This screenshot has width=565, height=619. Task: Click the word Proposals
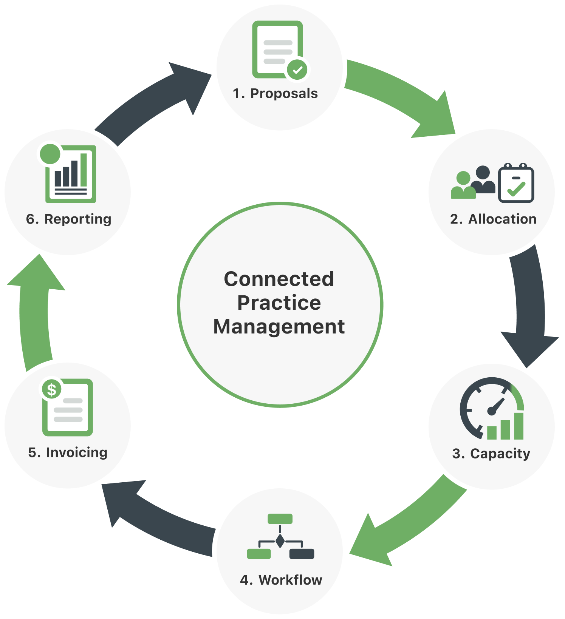click(x=284, y=94)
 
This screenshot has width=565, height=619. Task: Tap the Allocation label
click(x=502, y=219)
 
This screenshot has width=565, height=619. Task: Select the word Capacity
click(x=500, y=454)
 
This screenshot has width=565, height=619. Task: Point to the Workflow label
click(x=290, y=580)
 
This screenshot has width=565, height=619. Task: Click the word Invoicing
click(x=77, y=453)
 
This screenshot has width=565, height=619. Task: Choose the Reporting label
click(x=78, y=219)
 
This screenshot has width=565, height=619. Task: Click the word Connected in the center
click(x=279, y=279)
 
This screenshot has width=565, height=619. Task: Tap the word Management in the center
click(x=279, y=327)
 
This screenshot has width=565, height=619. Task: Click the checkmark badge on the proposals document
click(x=297, y=69)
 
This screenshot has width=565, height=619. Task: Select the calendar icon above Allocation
click(x=516, y=183)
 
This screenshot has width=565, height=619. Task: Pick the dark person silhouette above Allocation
click(x=483, y=180)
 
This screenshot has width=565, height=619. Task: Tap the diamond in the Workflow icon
click(x=280, y=541)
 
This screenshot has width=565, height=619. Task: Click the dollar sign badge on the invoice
click(x=52, y=389)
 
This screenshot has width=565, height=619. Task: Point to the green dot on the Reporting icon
click(x=50, y=154)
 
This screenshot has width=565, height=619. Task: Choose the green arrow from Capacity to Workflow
click(x=410, y=525)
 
